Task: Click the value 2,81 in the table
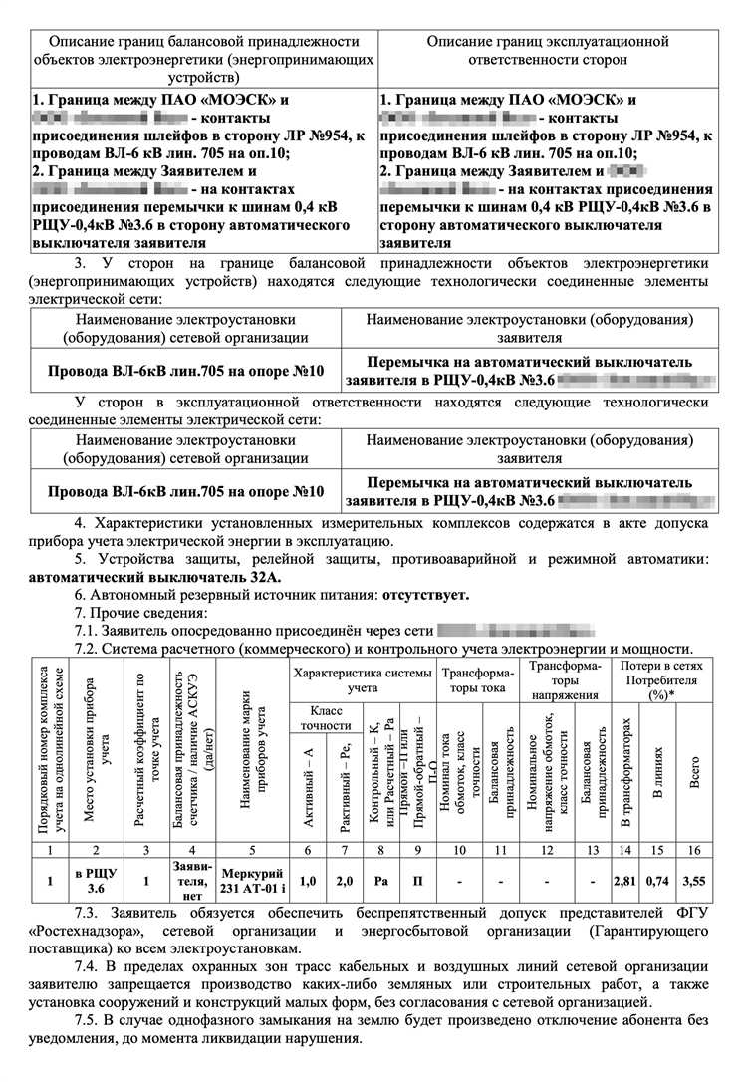tap(625, 880)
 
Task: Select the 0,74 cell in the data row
tap(657, 880)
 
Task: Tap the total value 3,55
tap(692, 880)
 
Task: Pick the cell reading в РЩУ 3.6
tap(96, 880)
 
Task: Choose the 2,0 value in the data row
tap(346, 880)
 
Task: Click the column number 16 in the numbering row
tap(693, 850)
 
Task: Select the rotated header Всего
tap(693, 771)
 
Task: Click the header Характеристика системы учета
tap(363, 679)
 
